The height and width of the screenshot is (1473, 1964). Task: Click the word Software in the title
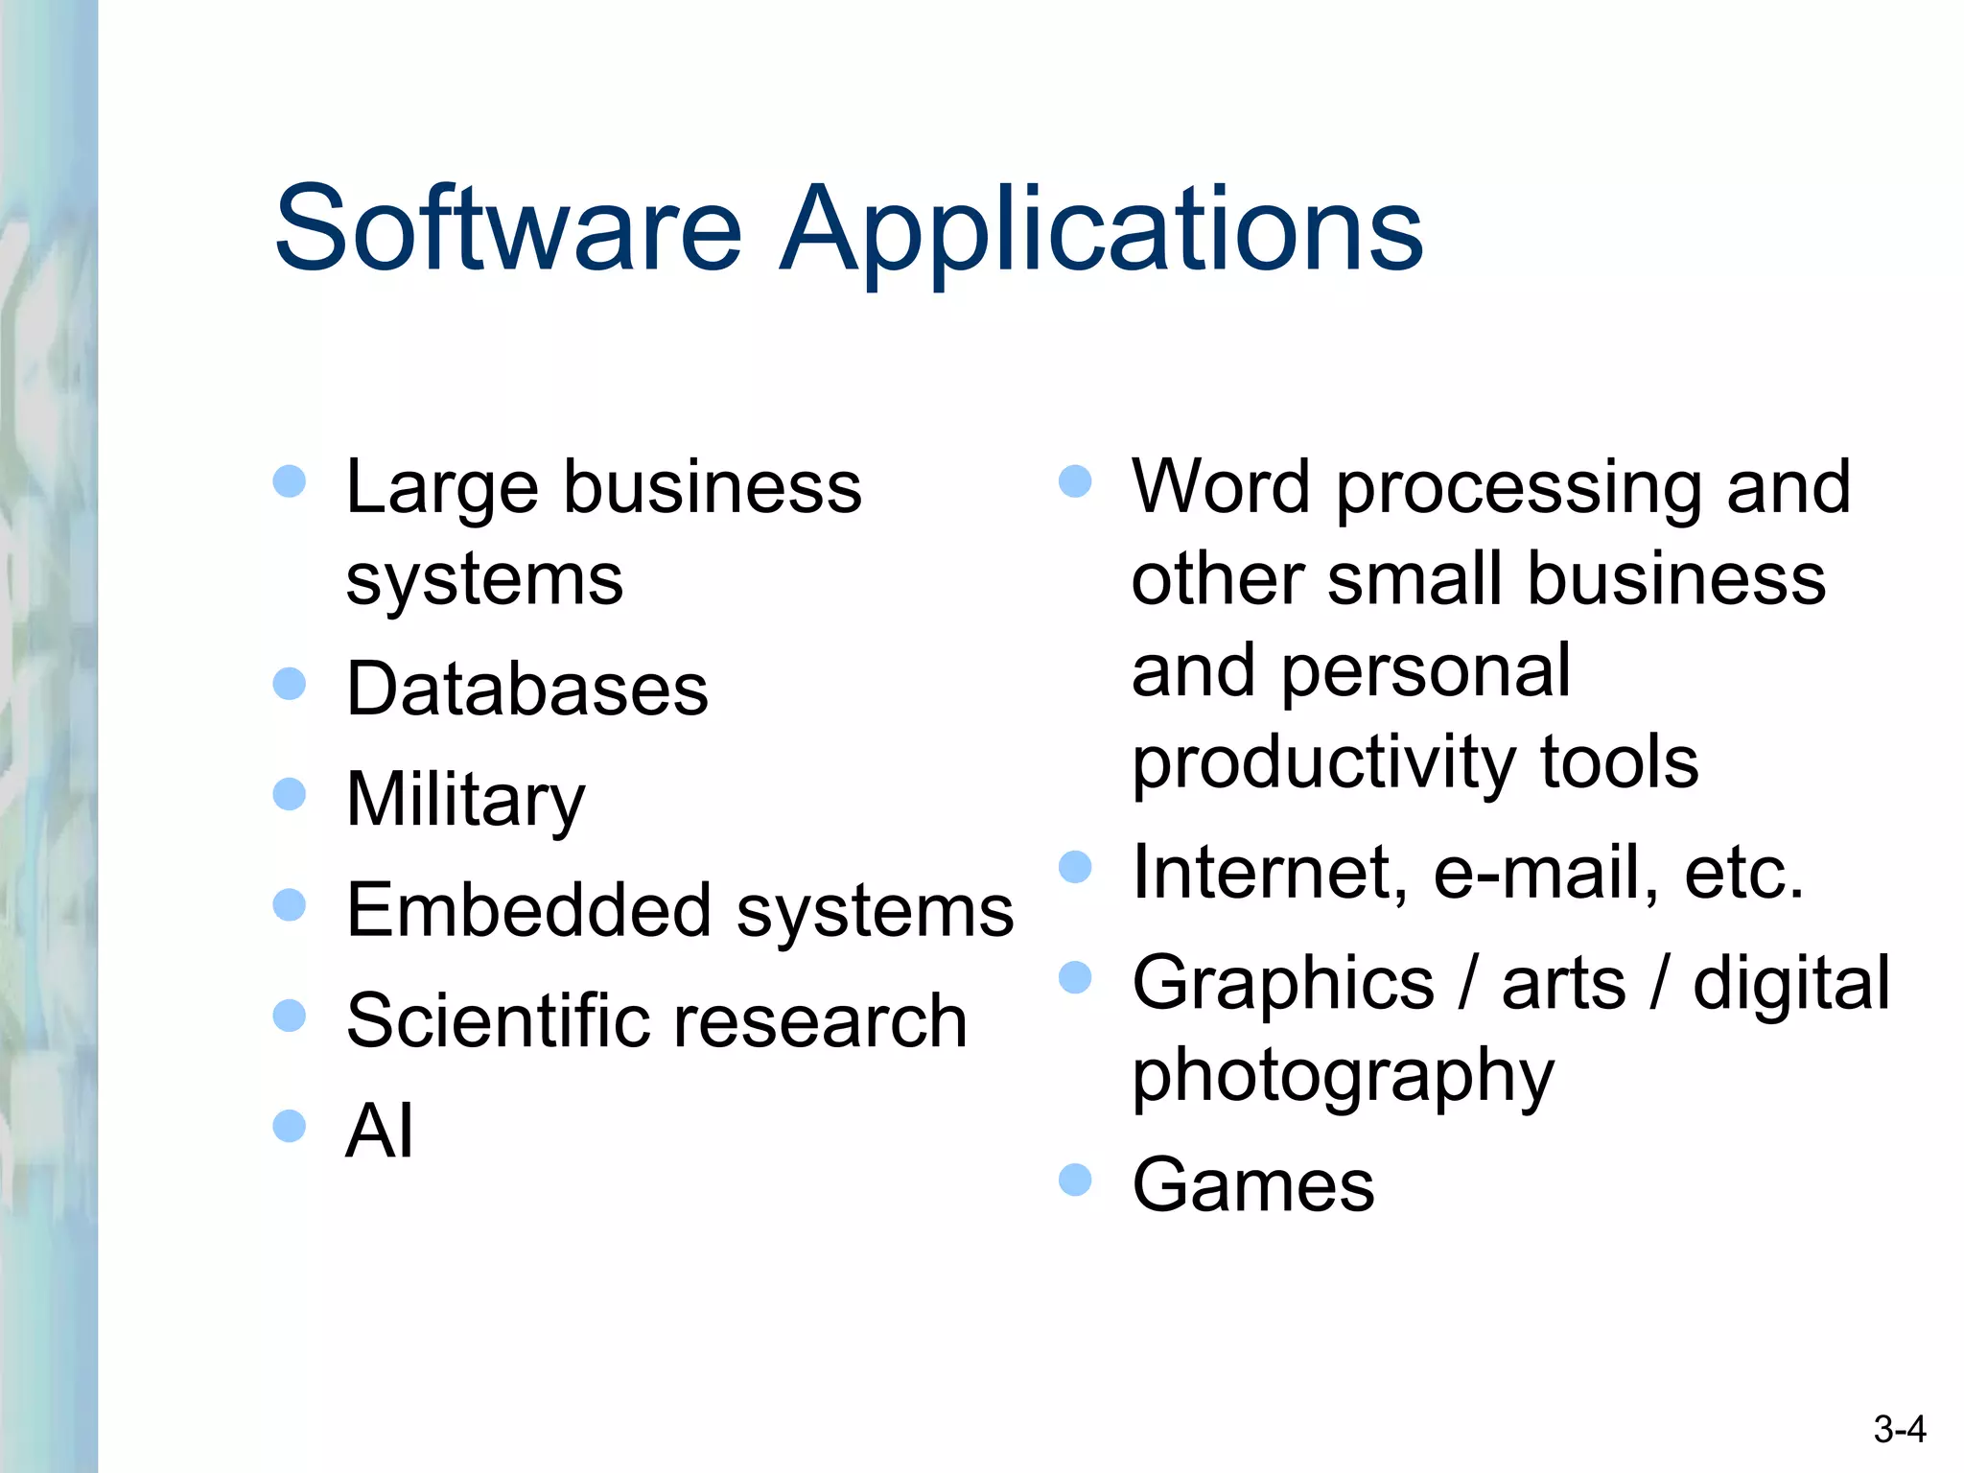[508, 230]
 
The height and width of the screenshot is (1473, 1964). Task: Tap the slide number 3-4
[1900, 1430]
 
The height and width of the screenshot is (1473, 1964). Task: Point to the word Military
[465, 802]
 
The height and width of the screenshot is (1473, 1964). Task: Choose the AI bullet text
[380, 1131]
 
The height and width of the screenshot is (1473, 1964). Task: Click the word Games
[1252, 1185]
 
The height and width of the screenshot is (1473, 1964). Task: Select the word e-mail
[1545, 873]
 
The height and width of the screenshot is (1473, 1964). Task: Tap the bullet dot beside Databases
[289, 684]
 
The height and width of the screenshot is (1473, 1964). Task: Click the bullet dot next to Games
[1075, 1180]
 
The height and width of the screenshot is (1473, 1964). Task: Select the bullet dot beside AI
[289, 1126]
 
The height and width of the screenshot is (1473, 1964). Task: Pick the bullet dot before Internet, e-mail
[1075, 867]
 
